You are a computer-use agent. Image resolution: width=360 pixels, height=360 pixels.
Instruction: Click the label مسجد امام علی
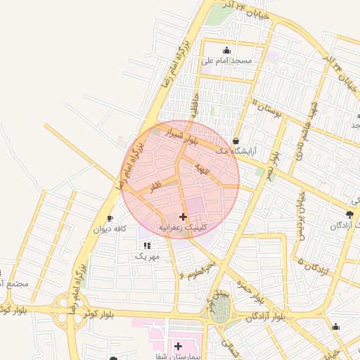coord(226,61)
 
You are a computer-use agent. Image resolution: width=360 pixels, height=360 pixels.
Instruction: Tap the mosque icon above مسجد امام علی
coord(226,51)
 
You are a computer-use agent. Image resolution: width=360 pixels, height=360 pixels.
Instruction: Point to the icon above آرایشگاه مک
coord(236,141)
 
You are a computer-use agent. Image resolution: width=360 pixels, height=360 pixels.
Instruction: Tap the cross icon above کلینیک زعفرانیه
coord(184,217)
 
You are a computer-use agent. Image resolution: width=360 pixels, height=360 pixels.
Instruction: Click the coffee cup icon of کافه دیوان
coord(110,219)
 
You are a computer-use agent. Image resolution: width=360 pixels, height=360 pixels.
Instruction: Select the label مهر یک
coord(147,257)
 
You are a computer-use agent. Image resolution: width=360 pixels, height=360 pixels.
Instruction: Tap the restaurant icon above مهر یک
coord(147,245)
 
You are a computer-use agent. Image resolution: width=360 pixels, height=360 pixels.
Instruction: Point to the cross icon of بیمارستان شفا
coord(178,347)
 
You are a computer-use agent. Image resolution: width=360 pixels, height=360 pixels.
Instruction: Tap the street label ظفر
coord(155,184)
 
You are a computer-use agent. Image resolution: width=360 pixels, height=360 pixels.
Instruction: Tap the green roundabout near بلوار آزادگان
coord(220,308)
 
